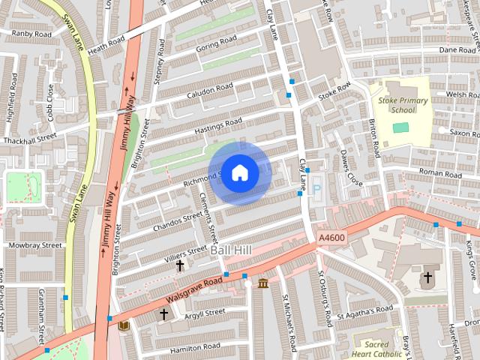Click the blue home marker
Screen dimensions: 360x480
click(239, 172)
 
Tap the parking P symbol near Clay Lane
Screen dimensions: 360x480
click(316, 190)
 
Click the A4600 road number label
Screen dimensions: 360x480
click(331, 237)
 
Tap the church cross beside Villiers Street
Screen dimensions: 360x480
click(180, 265)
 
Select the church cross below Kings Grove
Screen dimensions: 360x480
click(427, 277)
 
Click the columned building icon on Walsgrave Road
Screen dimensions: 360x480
click(263, 283)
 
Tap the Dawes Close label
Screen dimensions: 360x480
click(351, 169)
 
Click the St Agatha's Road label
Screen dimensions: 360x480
click(365, 310)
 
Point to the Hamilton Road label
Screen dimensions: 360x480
click(195, 346)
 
